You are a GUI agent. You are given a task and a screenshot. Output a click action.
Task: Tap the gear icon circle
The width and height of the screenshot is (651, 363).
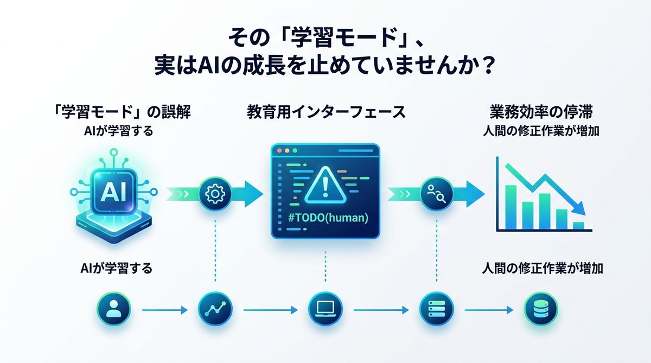215,193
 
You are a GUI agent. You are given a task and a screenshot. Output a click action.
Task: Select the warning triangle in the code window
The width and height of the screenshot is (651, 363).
325,184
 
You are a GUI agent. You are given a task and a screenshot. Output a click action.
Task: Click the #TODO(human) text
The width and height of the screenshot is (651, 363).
324,219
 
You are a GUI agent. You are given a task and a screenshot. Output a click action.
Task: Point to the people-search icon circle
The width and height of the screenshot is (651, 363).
437,193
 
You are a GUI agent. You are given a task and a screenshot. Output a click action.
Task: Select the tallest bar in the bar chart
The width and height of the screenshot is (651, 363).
510,207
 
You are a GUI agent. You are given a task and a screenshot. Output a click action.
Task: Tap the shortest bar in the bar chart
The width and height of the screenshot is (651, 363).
579,225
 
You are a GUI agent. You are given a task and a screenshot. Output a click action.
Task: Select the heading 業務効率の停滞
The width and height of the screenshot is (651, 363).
541,113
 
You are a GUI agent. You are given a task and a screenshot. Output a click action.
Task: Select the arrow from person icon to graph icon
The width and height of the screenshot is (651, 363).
164,311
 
